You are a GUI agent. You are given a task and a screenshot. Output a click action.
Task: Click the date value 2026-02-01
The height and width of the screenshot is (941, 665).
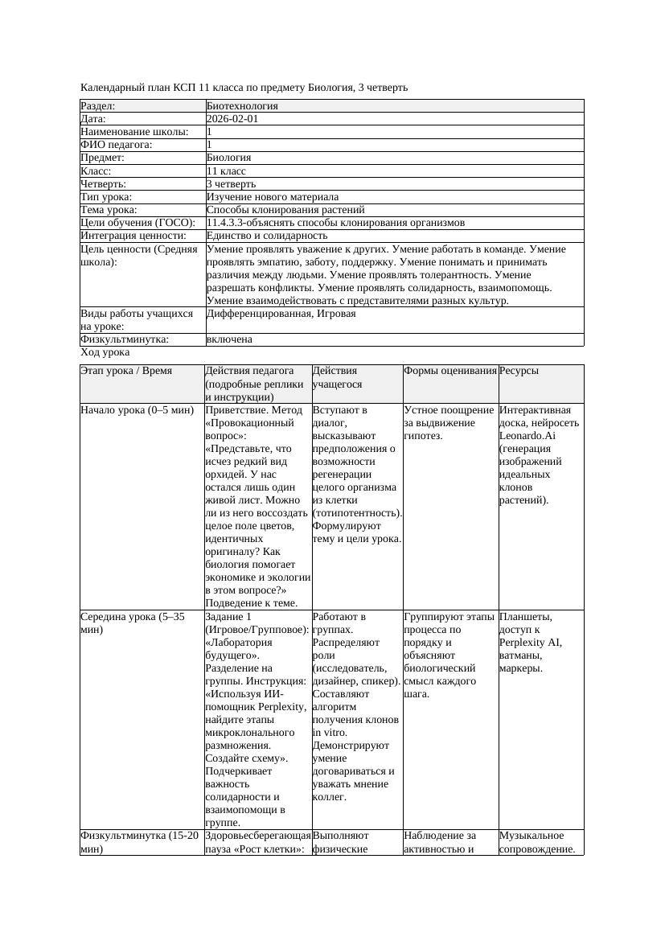pyautogui.click(x=232, y=119)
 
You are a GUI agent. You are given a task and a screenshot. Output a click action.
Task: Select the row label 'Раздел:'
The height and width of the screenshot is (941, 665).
pyautogui.click(x=98, y=106)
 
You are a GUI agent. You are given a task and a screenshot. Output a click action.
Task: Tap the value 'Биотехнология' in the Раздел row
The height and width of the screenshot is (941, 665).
pyautogui.click(x=242, y=106)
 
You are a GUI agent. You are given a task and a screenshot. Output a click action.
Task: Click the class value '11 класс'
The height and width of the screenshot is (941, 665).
pyautogui.click(x=226, y=171)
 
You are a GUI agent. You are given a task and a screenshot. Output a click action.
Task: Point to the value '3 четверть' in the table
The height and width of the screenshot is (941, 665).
pyautogui.click(x=231, y=184)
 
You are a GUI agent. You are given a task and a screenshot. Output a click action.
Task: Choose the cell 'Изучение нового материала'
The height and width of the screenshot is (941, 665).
pyautogui.click(x=273, y=197)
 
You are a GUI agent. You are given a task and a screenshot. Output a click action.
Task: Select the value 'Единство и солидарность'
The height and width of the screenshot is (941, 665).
pyautogui.click(x=267, y=236)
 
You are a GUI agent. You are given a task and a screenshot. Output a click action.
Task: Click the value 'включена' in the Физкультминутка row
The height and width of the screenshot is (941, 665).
pyautogui.click(x=229, y=339)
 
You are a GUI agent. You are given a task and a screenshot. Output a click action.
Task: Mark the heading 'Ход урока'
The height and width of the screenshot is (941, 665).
pyautogui.click(x=105, y=352)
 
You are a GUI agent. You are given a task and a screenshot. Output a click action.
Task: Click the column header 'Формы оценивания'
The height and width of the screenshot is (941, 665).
pyautogui.click(x=449, y=371)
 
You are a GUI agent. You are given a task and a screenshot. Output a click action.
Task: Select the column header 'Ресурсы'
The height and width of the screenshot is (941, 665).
pyautogui.click(x=519, y=371)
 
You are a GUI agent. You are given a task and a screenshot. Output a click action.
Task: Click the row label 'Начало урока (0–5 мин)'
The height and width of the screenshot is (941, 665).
pyautogui.click(x=138, y=410)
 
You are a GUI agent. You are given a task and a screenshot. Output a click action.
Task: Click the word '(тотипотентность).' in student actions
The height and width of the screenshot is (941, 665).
pyautogui.click(x=357, y=513)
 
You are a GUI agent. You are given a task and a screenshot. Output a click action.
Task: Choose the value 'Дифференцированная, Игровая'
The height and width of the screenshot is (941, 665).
pyautogui.click(x=281, y=314)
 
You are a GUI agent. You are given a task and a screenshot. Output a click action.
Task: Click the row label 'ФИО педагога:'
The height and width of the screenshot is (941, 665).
pyautogui.click(x=117, y=145)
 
